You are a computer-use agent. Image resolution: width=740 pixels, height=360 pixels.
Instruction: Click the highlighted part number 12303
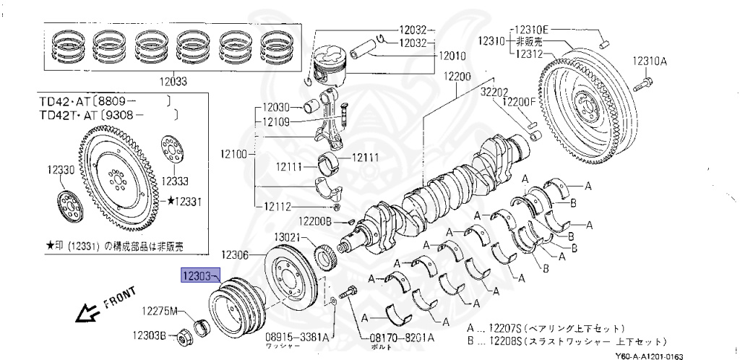pos(198,275)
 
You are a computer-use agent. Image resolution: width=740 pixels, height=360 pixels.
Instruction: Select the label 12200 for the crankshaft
pos(457,77)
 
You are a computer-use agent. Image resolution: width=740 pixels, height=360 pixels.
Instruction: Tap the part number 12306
pos(236,254)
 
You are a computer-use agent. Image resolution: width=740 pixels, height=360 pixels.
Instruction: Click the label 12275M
pos(159,312)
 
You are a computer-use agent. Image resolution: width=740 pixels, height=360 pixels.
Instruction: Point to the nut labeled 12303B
pos(184,336)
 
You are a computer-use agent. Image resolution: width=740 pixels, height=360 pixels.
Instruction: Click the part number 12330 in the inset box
pos(61,169)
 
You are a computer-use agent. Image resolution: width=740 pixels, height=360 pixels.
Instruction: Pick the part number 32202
pos(496,92)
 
